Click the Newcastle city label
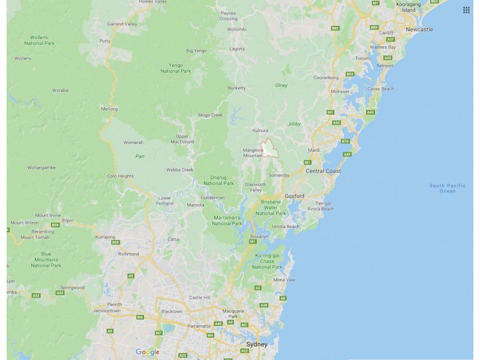(x=419, y=29)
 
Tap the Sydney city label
(x=257, y=344)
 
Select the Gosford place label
(x=295, y=196)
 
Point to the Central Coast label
(x=323, y=171)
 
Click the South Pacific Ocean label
(x=447, y=188)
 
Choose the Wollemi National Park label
(x=40, y=40)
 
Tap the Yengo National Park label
(x=176, y=68)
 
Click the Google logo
(x=148, y=352)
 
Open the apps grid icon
(x=466, y=10)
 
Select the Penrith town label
(x=115, y=304)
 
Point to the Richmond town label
(x=128, y=254)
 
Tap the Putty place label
(x=105, y=41)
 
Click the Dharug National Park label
(x=218, y=180)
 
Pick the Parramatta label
(x=198, y=326)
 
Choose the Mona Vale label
(x=284, y=280)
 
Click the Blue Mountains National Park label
(x=46, y=259)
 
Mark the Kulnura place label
(x=260, y=130)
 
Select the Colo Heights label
(x=120, y=176)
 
